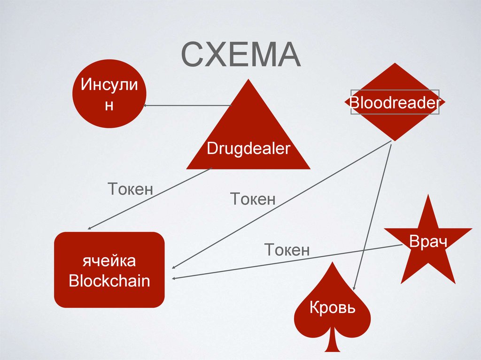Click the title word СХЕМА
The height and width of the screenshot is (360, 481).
[x=240, y=55]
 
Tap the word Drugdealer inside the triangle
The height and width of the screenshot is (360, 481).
[x=248, y=149]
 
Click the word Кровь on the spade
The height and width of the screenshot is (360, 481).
[x=332, y=308]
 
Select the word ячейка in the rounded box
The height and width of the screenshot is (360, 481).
[x=109, y=261]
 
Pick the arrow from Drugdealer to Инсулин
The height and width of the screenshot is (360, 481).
[x=188, y=106]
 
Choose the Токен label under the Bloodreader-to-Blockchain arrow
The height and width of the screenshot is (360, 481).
[x=253, y=199]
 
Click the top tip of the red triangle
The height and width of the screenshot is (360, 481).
[x=248, y=80]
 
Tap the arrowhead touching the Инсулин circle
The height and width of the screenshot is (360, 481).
[x=146, y=106]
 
